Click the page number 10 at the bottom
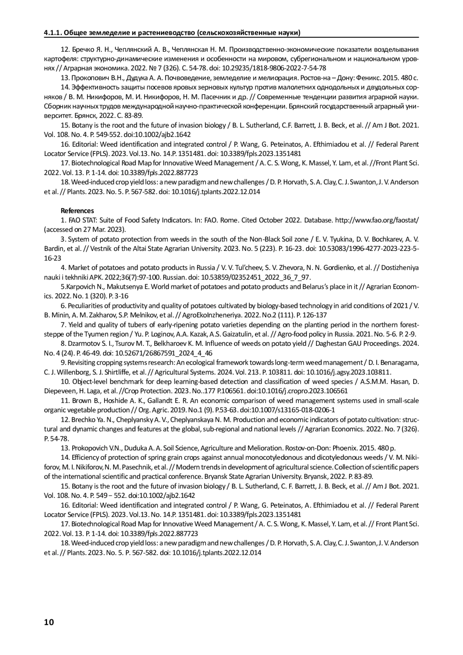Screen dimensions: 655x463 click(x=49, y=622)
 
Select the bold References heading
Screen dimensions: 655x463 click(x=77, y=211)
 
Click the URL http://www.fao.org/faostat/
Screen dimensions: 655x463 click(x=377, y=220)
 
